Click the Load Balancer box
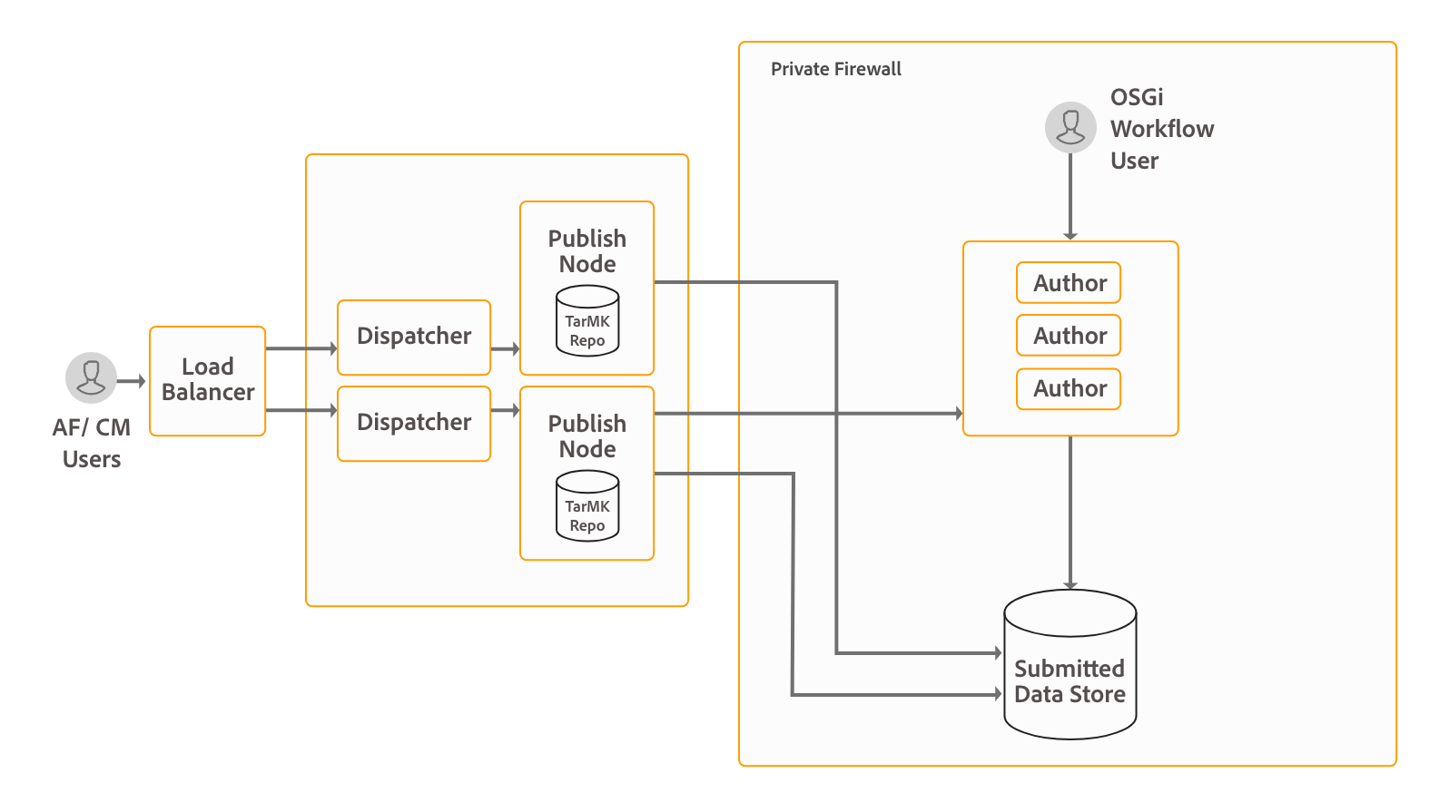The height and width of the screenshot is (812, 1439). tap(207, 381)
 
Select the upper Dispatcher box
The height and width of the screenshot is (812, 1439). tap(414, 337)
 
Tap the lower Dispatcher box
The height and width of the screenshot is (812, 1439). tap(414, 423)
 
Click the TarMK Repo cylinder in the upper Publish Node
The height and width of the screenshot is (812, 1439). tap(587, 321)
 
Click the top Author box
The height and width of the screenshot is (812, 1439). tap(1069, 283)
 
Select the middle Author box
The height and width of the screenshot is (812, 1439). tap(1069, 336)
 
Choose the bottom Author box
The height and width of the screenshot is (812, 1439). tap(1069, 388)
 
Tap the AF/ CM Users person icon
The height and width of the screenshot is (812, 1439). tap(91, 377)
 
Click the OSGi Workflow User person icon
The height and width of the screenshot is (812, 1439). tap(1070, 127)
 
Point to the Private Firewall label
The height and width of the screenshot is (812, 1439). tap(836, 69)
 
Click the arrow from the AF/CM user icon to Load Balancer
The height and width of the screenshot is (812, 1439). tap(132, 381)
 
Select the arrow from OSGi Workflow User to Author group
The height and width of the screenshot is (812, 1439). tap(1070, 196)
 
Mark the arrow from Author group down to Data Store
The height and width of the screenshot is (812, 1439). tap(1070, 513)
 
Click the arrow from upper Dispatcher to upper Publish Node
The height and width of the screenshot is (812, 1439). tap(505, 348)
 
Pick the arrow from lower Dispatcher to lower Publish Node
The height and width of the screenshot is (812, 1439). tap(505, 410)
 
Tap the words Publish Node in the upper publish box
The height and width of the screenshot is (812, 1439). tap(587, 251)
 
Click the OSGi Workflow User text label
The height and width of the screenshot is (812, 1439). tap(1161, 129)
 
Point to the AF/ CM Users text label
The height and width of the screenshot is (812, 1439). tap(92, 443)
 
